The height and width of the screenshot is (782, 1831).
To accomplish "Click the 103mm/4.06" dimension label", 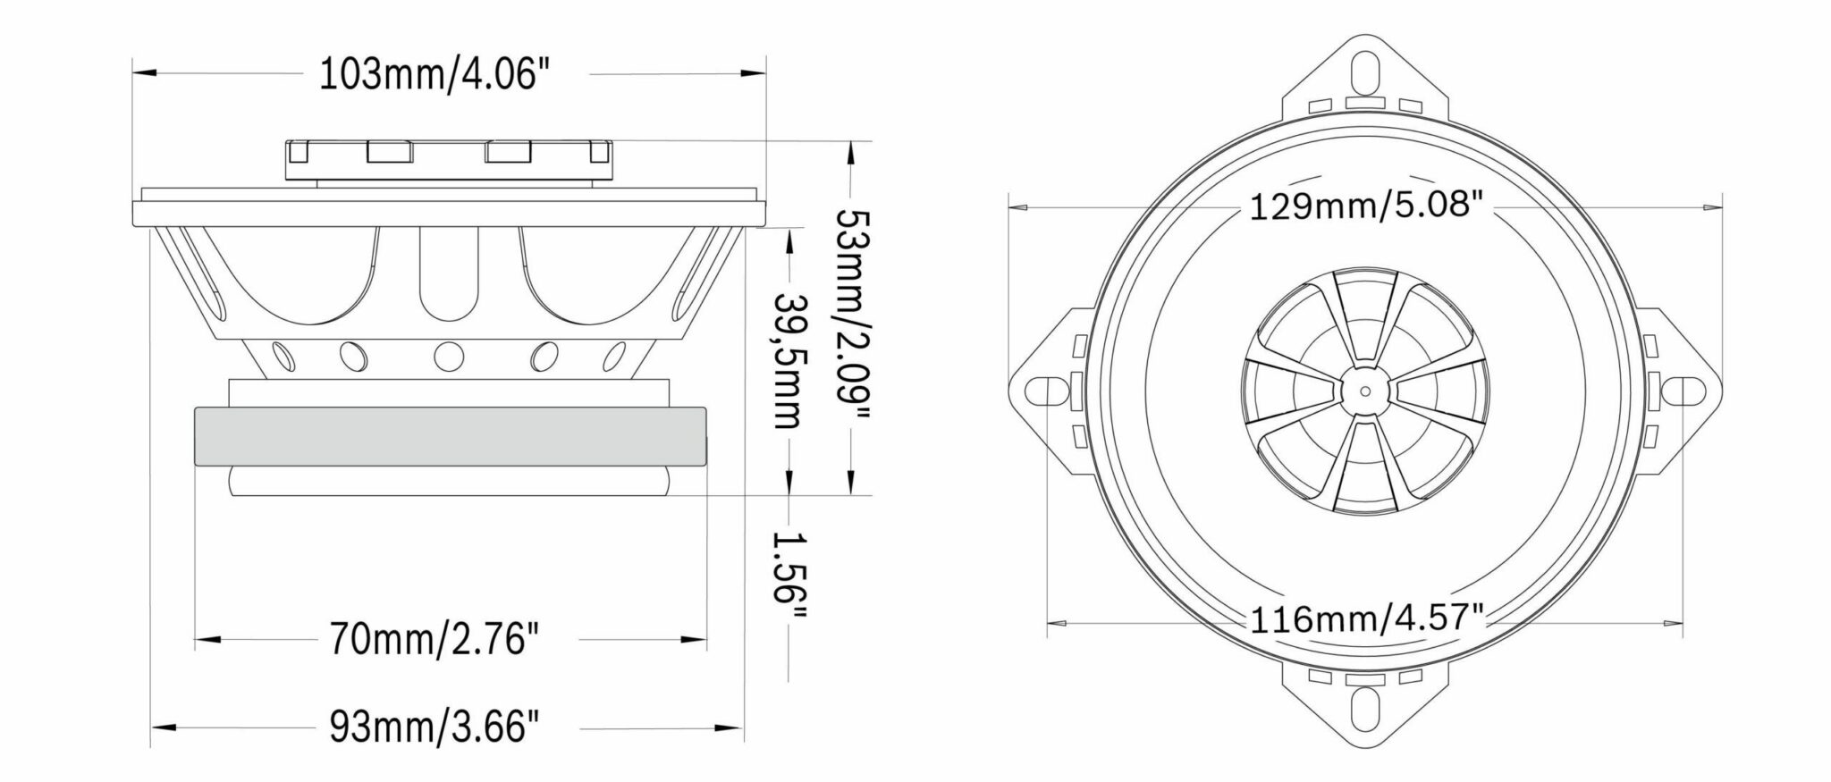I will [434, 75].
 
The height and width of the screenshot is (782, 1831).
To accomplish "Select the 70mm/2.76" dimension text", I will [435, 639].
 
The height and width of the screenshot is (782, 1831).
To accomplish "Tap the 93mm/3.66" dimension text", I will [435, 727].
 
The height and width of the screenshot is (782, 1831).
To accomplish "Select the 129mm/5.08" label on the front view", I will [1366, 206].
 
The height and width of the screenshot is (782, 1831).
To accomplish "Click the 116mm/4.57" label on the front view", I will [1366, 618].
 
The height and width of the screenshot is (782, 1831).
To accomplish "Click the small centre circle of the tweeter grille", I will [1364, 391].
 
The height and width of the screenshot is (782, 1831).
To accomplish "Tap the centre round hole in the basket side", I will [446, 357].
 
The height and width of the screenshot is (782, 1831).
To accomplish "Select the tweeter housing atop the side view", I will [450, 161].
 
